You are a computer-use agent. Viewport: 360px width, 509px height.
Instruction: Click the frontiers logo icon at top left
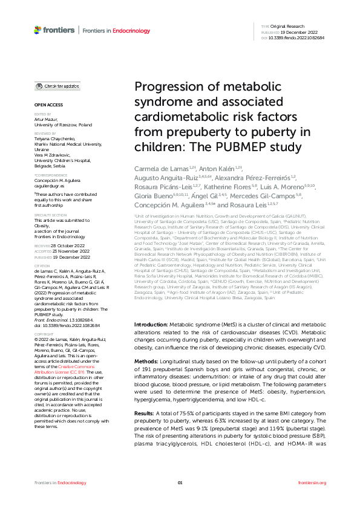pos(38,29)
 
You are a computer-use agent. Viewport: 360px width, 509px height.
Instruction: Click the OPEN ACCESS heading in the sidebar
pos(47,105)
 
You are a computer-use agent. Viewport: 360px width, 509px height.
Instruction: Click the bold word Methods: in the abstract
pos(146,360)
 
